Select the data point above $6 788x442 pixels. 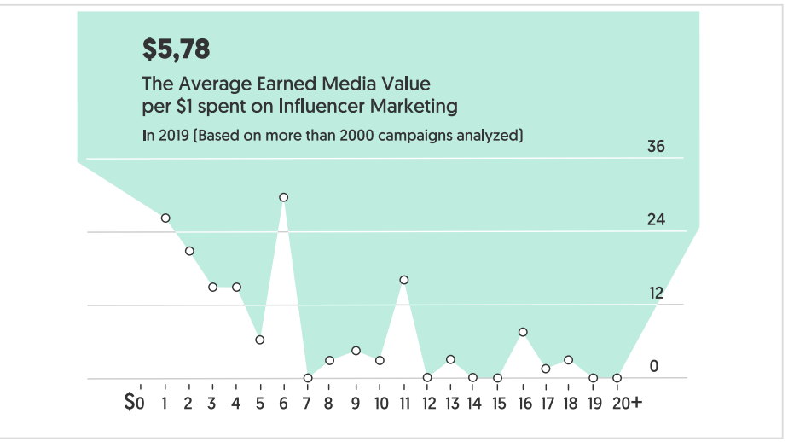tap(283, 197)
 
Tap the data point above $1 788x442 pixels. tap(165, 218)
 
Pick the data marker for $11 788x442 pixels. tap(404, 280)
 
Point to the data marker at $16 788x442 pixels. tap(523, 332)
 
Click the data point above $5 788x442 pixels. tap(259, 340)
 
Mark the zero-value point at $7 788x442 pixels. tap(308, 378)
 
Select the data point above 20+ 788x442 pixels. tap(617, 378)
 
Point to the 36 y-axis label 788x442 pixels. tap(655, 147)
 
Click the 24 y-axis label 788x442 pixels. tap(655, 220)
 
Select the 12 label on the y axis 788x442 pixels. tap(655, 294)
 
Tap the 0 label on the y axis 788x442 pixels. tap(655, 367)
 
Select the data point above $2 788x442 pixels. tap(189, 251)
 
